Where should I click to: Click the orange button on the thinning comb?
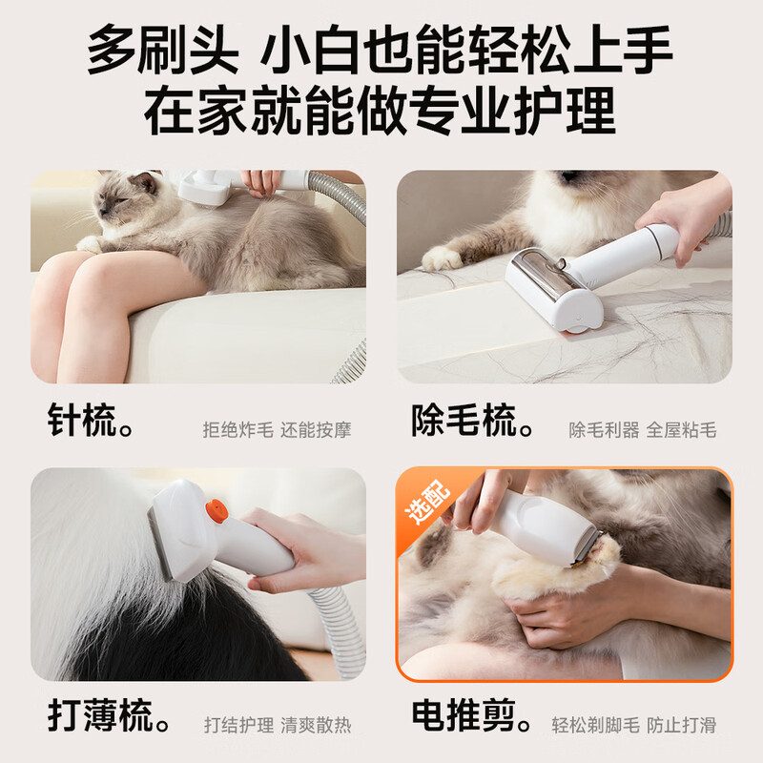(x=217, y=511)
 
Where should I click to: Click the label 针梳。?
(x=91, y=421)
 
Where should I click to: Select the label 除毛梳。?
(x=473, y=421)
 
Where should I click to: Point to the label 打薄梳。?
(x=109, y=716)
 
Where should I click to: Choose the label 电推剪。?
(x=473, y=716)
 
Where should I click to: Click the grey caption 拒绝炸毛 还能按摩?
(x=277, y=430)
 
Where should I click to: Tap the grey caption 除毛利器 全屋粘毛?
(x=643, y=430)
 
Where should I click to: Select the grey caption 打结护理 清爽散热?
(x=278, y=725)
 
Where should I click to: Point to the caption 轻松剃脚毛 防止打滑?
(x=634, y=725)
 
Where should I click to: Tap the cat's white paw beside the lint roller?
(x=442, y=258)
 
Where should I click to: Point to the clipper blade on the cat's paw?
(x=590, y=549)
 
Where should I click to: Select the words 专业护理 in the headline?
(x=512, y=110)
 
